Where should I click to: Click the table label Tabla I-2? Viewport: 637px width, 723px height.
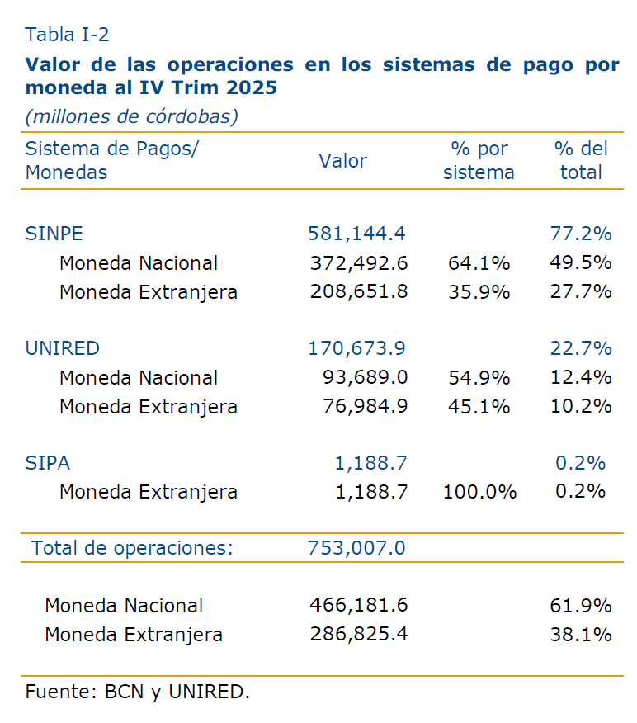click(x=67, y=35)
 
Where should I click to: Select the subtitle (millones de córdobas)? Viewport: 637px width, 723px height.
click(x=131, y=116)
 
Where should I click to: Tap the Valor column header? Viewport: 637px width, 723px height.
click(x=342, y=161)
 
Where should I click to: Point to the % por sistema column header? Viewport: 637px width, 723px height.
click(x=479, y=161)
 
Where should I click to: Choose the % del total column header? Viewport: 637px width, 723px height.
click(x=581, y=161)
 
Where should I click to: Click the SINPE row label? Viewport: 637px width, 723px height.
click(x=54, y=234)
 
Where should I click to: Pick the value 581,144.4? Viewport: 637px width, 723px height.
click(x=356, y=234)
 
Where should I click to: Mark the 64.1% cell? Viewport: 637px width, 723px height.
click(x=479, y=263)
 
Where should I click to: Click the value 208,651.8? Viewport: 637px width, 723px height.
click(x=359, y=291)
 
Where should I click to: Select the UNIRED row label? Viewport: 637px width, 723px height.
click(x=63, y=348)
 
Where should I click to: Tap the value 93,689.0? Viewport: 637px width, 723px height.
click(x=365, y=377)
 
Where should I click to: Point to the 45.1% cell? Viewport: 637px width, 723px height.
click(x=479, y=406)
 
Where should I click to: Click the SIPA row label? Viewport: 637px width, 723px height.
click(x=48, y=463)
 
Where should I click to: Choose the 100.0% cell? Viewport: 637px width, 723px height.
click(x=479, y=492)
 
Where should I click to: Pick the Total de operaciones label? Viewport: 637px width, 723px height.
click(x=132, y=547)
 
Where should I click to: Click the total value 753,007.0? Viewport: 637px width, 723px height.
click(x=356, y=547)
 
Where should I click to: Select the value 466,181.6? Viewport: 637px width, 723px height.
click(x=359, y=605)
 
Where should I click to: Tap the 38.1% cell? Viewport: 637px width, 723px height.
click(x=581, y=635)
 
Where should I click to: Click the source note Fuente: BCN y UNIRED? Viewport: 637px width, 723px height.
click(x=137, y=692)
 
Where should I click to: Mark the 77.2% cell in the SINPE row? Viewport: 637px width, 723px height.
click(x=581, y=234)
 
